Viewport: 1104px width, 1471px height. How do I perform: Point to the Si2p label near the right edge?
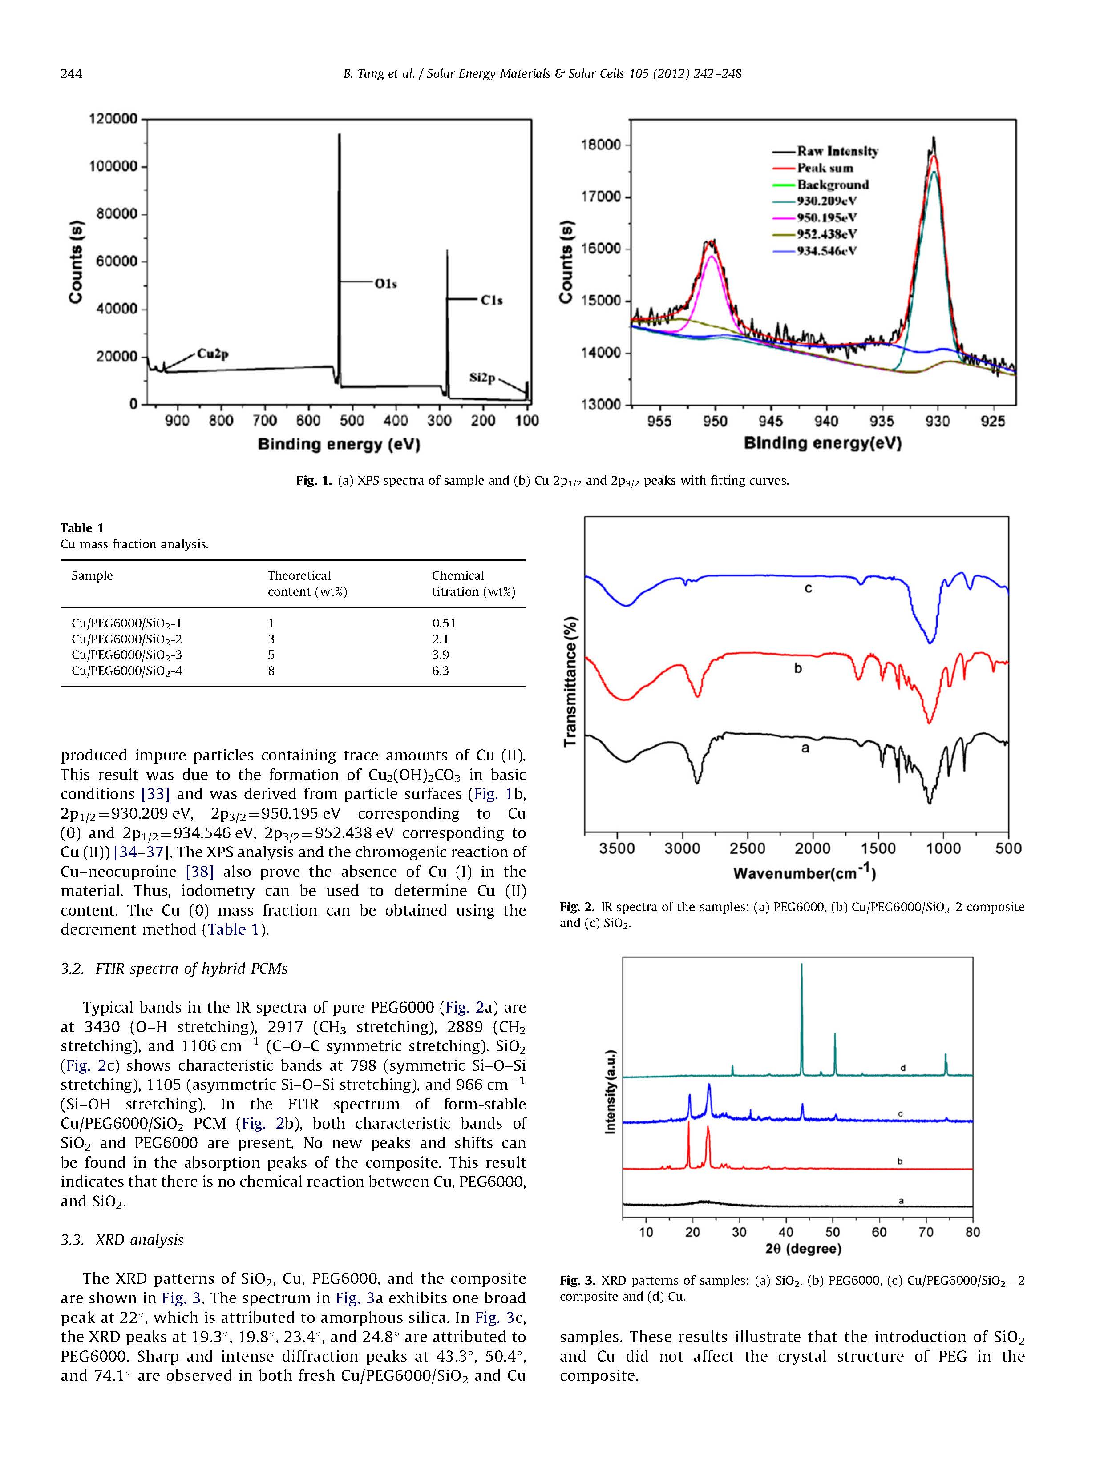click(482, 378)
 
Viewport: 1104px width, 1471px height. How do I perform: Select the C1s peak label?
click(491, 301)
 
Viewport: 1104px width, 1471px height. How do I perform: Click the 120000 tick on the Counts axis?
click(113, 120)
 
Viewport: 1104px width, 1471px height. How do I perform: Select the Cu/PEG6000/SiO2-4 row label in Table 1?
click(126, 671)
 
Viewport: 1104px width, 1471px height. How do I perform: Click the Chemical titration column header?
click(473, 583)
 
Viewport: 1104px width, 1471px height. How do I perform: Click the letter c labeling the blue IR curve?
click(809, 588)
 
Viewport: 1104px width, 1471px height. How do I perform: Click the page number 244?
click(71, 74)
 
